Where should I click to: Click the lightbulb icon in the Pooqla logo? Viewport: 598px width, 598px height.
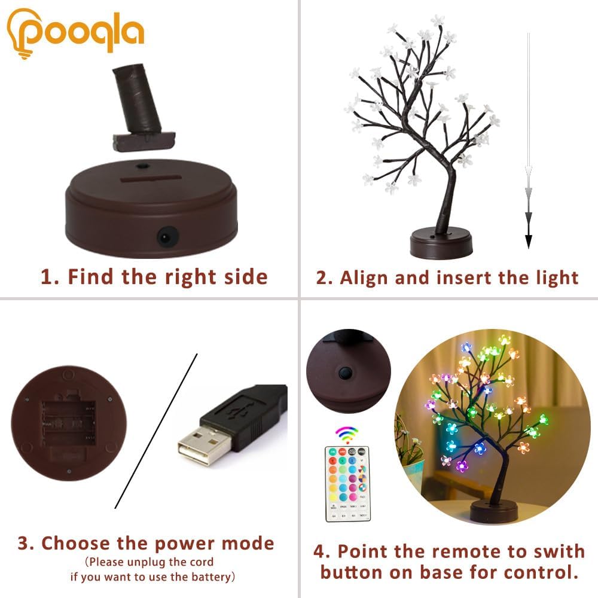click(22, 33)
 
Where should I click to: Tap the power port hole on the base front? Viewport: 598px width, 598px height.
click(163, 237)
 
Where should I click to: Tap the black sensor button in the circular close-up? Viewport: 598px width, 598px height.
click(344, 373)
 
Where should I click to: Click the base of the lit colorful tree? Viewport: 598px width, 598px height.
click(493, 511)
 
